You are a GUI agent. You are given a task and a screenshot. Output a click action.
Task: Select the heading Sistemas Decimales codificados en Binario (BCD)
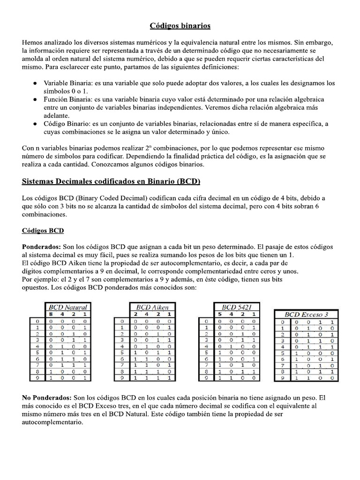click(x=112, y=180)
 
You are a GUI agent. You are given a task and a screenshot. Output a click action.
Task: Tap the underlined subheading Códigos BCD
click(x=43, y=231)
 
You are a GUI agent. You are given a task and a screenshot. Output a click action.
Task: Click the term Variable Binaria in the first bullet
click(x=68, y=83)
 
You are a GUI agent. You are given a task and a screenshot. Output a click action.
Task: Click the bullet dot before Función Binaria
click(x=36, y=100)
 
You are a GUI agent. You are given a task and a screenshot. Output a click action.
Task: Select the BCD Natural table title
click(x=65, y=307)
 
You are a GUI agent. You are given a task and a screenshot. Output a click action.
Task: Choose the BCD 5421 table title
click(x=235, y=307)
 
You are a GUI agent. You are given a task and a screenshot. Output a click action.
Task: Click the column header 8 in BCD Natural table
click(x=51, y=314)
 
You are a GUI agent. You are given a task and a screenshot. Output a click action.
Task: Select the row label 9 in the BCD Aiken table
click(x=122, y=376)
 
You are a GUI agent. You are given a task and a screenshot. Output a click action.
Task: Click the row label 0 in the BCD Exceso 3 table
click(x=282, y=322)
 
